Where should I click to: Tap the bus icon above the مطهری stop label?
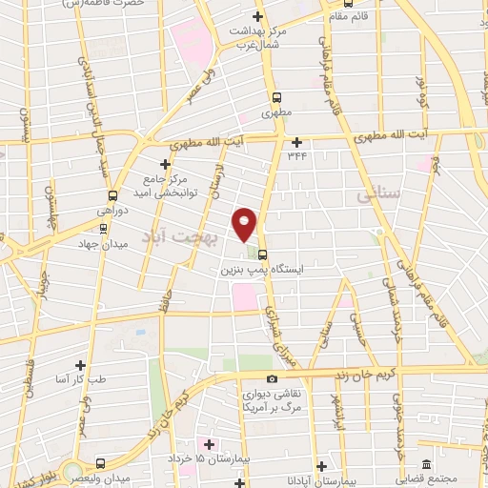point(277,97)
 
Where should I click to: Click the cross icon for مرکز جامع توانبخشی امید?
point(165,165)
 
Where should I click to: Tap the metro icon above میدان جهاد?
point(104,228)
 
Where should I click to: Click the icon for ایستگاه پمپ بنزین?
point(262,254)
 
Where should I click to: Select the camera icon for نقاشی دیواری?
point(274,378)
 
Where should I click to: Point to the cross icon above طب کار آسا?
point(80,364)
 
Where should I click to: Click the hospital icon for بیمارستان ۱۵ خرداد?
point(210,444)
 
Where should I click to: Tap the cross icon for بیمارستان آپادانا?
point(321,467)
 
